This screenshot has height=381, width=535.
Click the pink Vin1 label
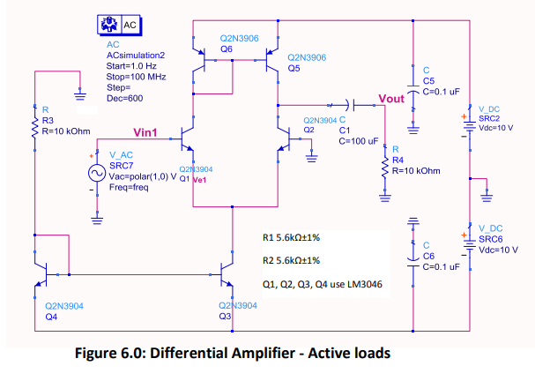coord(145,132)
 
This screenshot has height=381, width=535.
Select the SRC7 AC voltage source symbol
coord(97,172)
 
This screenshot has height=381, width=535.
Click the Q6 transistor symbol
coord(204,64)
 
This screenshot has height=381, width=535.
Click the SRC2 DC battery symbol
coord(468,118)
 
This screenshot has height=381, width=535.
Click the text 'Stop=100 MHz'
coord(135,77)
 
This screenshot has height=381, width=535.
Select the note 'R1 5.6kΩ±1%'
coord(291,238)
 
